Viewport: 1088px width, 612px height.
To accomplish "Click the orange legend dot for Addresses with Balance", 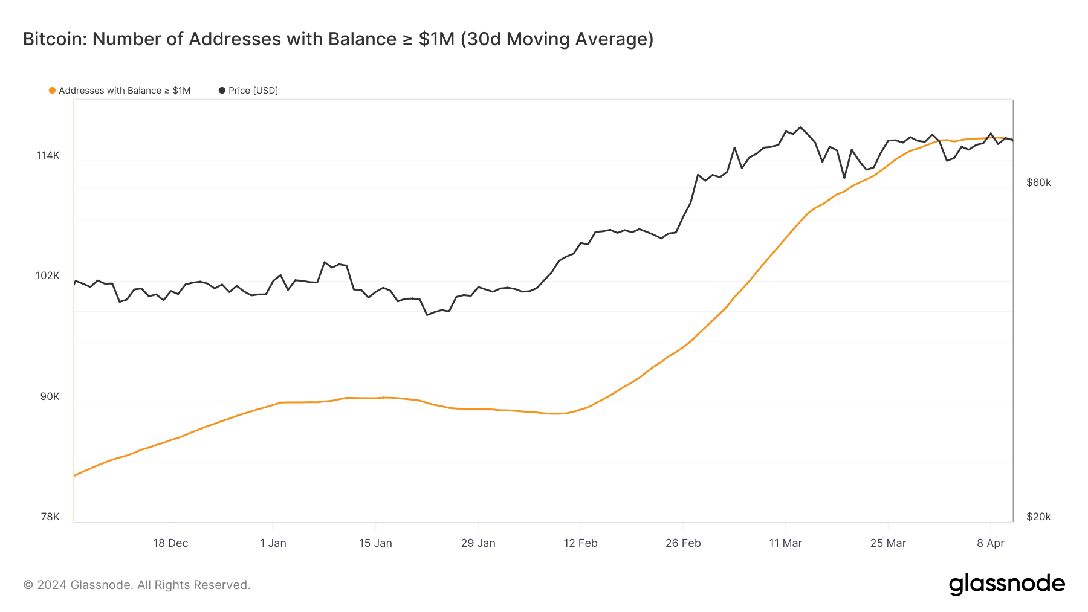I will click(x=52, y=91).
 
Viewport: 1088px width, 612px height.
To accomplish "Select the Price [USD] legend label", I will click(x=253, y=91).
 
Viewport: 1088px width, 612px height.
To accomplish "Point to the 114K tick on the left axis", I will click(x=48, y=155).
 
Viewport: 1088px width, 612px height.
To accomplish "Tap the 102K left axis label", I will click(x=48, y=275).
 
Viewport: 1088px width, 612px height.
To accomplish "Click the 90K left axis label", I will click(x=50, y=396).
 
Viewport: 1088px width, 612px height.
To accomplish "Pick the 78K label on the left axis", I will click(x=50, y=517).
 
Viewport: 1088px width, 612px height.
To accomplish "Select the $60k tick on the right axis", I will click(x=1038, y=182).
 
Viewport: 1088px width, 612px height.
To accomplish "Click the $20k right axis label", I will click(x=1038, y=517).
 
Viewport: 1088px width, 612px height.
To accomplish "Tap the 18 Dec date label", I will click(x=170, y=543).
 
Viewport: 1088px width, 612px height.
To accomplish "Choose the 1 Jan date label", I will click(x=273, y=543).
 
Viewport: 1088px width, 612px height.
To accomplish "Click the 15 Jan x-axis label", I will click(x=375, y=543).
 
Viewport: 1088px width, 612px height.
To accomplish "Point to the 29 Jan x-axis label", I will click(x=478, y=543).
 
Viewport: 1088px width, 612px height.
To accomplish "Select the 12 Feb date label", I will click(x=580, y=543).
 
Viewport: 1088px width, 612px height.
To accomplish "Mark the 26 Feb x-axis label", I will click(x=683, y=543).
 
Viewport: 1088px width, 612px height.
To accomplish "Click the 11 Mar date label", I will click(x=785, y=543).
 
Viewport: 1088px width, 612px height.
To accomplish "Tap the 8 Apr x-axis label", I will click(x=990, y=543).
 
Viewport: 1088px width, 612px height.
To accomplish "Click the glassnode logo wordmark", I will click(x=1006, y=584).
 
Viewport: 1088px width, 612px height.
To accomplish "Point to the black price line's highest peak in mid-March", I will click(x=800, y=127).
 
